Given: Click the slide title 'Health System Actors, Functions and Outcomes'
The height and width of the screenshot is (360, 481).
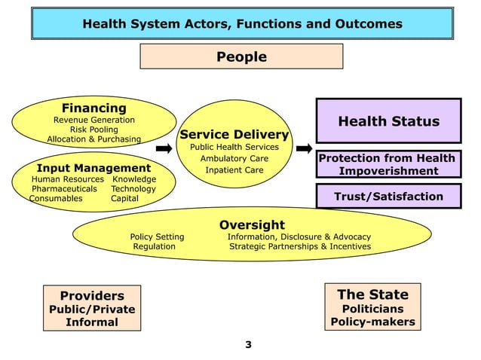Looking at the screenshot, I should pyautogui.click(x=241, y=24).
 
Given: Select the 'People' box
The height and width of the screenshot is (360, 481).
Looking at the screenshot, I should pyautogui.click(x=241, y=56).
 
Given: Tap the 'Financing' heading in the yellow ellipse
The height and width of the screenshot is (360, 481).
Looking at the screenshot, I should pyautogui.click(x=93, y=108).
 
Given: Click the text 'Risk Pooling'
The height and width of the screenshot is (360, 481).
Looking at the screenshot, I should pyautogui.click(x=93, y=130).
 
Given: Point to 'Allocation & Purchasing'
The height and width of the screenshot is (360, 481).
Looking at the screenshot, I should pyautogui.click(x=93, y=139).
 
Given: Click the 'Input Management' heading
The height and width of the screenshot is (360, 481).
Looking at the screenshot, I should pyautogui.click(x=93, y=167).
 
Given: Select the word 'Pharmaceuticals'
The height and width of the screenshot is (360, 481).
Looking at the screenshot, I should pyautogui.click(x=64, y=189).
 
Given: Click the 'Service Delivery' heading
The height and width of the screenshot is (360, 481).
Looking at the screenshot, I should pyautogui.click(x=234, y=135).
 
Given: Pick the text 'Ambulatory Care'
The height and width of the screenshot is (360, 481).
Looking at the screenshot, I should pyautogui.click(x=234, y=159).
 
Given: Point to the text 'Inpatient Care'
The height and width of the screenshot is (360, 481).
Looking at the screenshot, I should pyautogui.click(x=234, y=170).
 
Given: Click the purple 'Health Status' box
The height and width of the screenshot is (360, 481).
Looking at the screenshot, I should pyautogui.click(x=388, y=121).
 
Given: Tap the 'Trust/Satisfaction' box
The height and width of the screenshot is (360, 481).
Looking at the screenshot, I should pyautogui.click(x=388, y=197).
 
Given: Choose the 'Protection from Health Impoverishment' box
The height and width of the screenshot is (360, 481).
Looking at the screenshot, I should pyautogui.click(x=388, y=164).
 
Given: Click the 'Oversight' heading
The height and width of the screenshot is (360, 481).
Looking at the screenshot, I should pyautogui.click(x=252, y=224).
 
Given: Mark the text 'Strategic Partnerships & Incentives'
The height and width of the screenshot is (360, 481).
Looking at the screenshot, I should pyautogui.click(x=299, y=246).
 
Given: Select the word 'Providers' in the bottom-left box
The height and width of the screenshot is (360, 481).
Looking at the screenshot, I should pyautogui.click(x=92, y=296).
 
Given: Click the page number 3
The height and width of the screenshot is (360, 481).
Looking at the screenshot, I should pyautogui.click(x=248, y=346).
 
